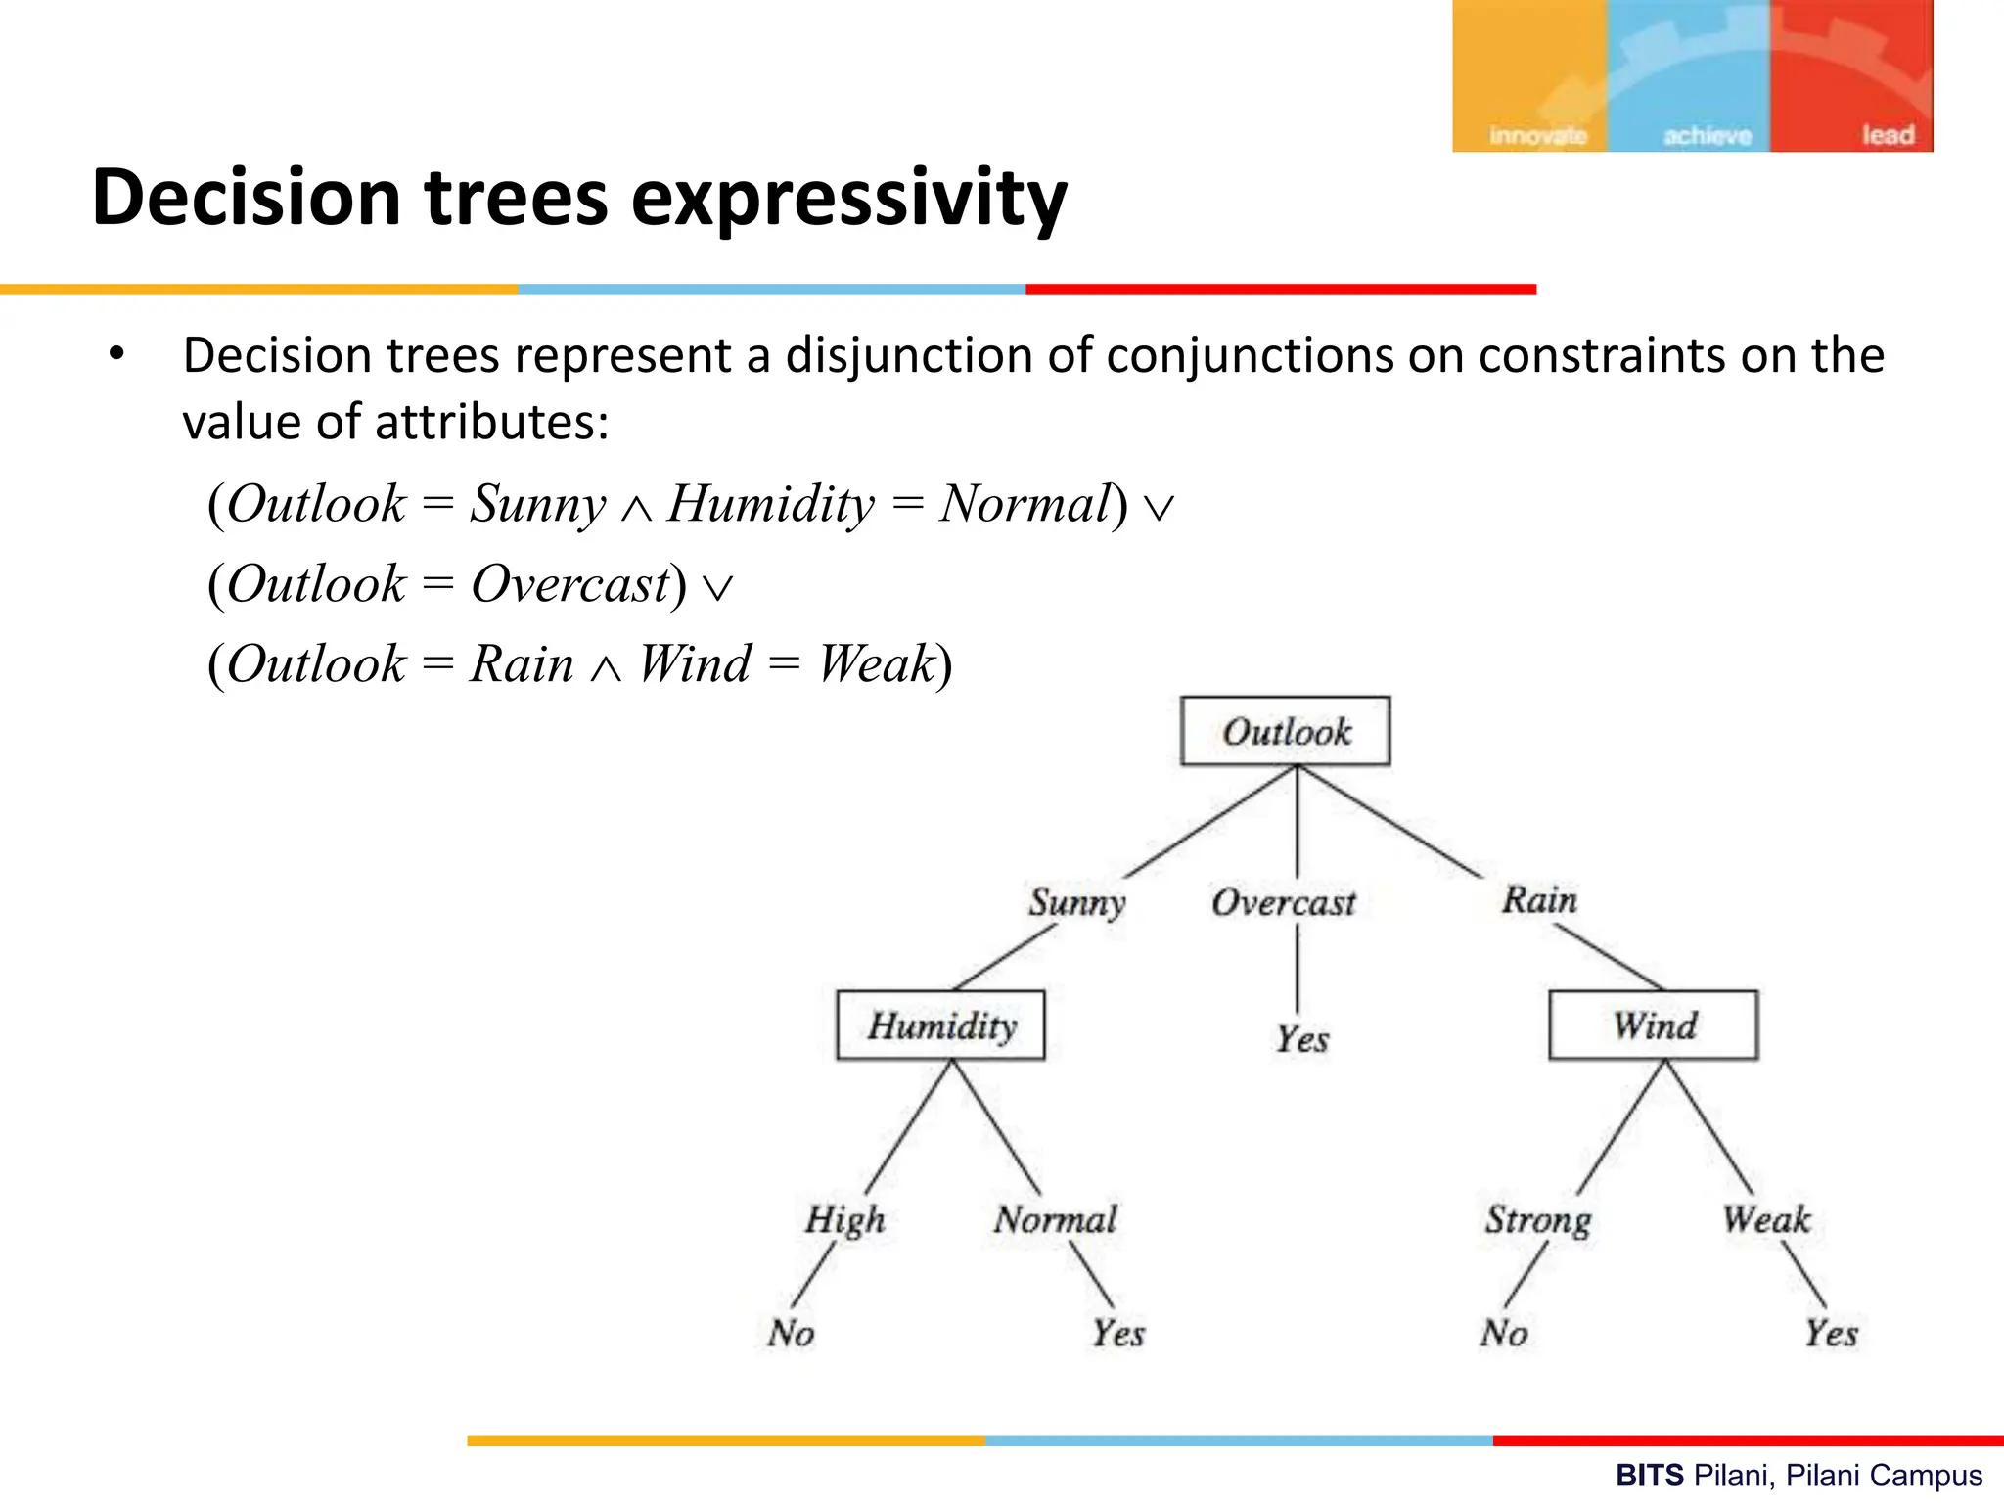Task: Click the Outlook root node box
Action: [1285, 731]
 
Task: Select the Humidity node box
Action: [940, 1025]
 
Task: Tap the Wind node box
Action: [1653, 1025]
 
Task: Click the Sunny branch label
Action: [1076, 901]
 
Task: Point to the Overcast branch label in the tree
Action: [1283, 902]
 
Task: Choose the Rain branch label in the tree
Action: [1539, 899]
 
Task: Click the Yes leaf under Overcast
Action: [1301, 1038]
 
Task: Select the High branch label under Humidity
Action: [844, 1220]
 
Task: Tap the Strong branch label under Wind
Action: [1538, 1220]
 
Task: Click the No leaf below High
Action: [791, 1333]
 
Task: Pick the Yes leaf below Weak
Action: [1831, 1333]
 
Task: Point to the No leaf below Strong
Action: [1504, 1333]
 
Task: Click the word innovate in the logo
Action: [1537, 135]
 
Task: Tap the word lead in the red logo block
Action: [1888, 135]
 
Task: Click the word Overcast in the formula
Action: [570, 584]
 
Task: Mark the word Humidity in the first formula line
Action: [770, 505]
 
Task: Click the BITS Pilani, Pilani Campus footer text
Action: [1799, 1476]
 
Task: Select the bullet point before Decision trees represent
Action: [116, 354]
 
